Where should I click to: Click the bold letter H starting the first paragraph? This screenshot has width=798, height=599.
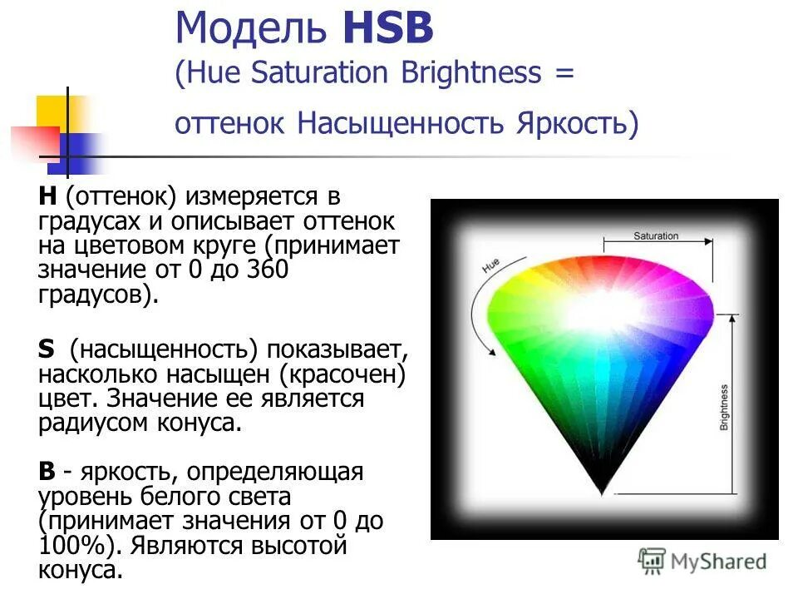[x=47, y=199]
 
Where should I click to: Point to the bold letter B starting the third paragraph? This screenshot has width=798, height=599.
[x=47, y=472]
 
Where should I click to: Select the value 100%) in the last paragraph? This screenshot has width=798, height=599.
[x=72, y=546]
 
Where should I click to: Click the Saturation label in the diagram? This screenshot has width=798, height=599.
[x=656, y=236]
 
